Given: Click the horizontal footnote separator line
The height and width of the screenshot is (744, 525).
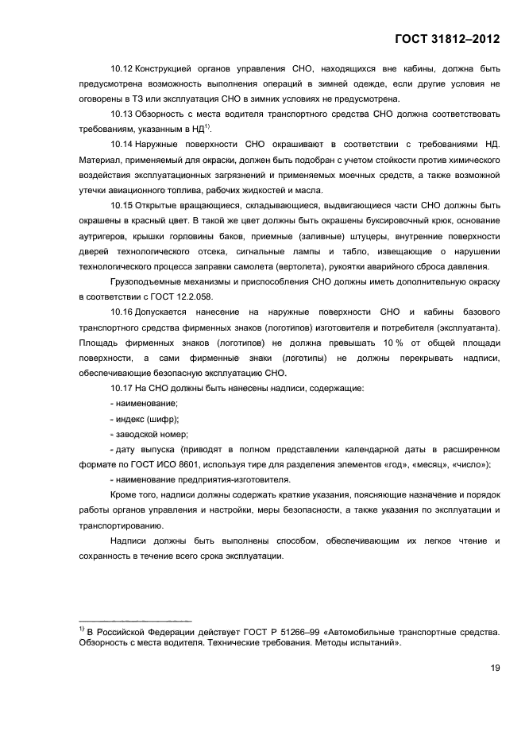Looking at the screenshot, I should pyautogui.click(x=135, y=618).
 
